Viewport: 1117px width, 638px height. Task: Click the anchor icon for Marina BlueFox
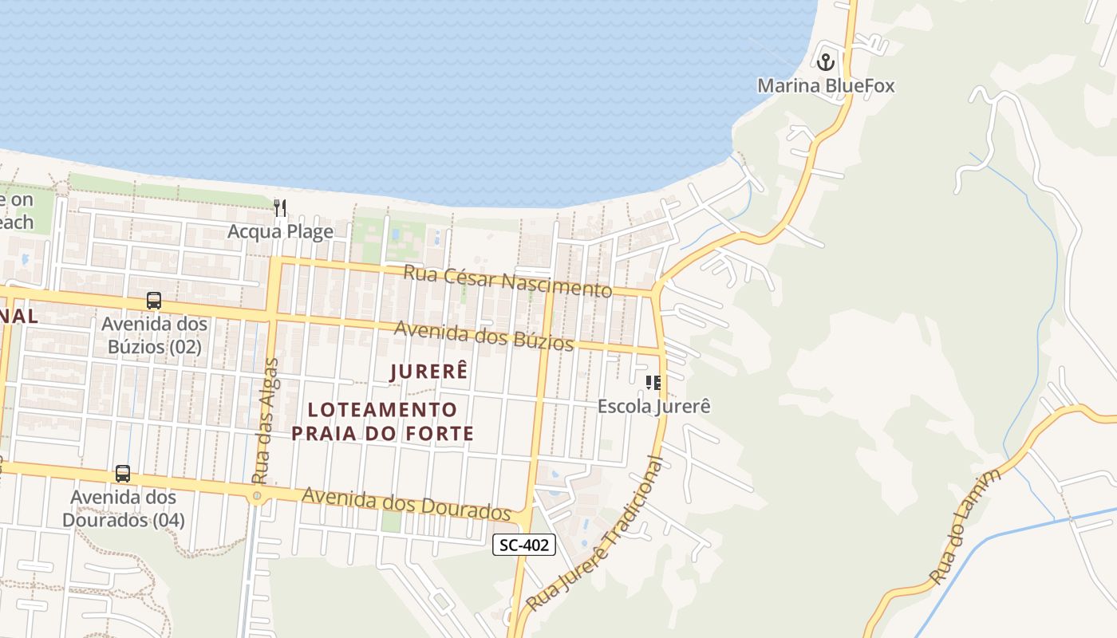click(826, 61)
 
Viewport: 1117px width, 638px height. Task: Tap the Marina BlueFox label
click(826, 85)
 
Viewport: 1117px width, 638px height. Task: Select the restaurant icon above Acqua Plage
click(280, 208)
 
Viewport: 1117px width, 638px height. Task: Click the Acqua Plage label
click(280, 231)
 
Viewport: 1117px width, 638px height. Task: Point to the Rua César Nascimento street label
click(507, 280)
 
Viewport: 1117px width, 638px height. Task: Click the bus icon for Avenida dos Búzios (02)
click(154, 301)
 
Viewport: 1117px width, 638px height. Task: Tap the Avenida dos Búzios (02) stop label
click(154, 336)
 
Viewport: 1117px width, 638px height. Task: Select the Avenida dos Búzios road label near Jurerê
click(484, 336)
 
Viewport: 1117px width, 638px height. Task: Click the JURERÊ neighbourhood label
click(428, 372)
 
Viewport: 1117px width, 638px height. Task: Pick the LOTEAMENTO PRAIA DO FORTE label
click(383, 422)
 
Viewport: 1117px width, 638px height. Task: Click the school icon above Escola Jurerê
click(654, 383)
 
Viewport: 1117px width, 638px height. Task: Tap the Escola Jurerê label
click(654, 406)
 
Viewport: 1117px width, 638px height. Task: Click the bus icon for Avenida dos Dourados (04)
click(123, 474)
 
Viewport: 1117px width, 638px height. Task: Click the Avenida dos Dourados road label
click(406, 503)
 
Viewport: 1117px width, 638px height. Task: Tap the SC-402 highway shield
click(523, 545)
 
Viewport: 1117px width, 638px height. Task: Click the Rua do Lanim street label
click(965, 527)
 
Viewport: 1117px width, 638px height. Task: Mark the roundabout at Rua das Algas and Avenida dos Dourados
click(257, 496)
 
